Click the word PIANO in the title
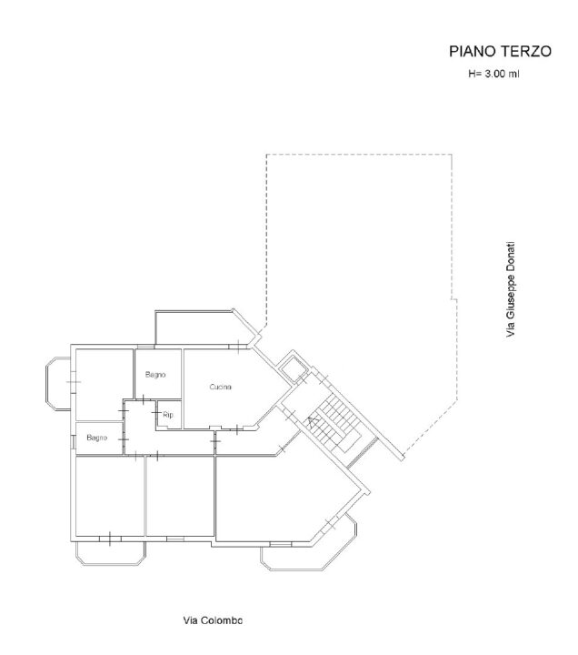click(472, 51)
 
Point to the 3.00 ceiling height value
click(494, 74)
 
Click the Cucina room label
click(220, 387)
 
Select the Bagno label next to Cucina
click(155, 375)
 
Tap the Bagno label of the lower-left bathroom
click(97, 438)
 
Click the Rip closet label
click(168, 415)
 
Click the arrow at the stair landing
click(312, 420)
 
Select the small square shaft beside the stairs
click(293, 367)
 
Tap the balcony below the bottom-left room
click(111, 553)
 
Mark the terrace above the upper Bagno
click(200, 327)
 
